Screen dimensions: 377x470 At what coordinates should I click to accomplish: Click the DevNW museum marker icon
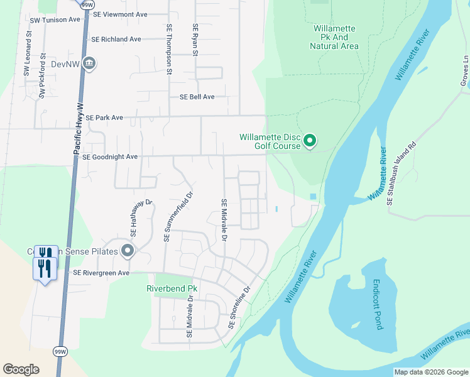pyautogui.click(x=89, y=64)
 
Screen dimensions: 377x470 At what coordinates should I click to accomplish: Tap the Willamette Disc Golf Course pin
pyautogui.click(x=309, y=141)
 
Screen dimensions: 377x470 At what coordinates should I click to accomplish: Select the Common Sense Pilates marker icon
pyautogui.click(x=128, y=251)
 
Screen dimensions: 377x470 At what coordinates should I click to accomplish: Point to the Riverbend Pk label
pyautogui.click(x=172, y=288)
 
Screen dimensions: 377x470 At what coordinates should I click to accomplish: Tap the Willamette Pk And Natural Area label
pyautogui.click(x=334, y=37)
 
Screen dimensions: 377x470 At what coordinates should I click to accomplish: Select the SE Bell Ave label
pyautogui.click(x=197, y=97)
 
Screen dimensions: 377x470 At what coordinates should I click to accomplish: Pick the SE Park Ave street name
pyautogui.click(x=104, y=117)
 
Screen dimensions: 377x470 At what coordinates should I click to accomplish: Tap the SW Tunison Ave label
pyautogui.click(x=55, y=19)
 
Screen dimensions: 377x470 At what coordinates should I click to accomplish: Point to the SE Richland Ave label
pyautogui.click(x=116, y=39)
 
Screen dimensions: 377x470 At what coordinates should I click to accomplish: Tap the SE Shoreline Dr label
pyautogui.click(x=239, y=307)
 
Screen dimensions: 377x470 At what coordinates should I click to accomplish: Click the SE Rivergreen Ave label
pyautogui.click(x=101, y=273)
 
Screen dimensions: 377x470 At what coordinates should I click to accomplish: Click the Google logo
pyautogui.click(x=21, y=369)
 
